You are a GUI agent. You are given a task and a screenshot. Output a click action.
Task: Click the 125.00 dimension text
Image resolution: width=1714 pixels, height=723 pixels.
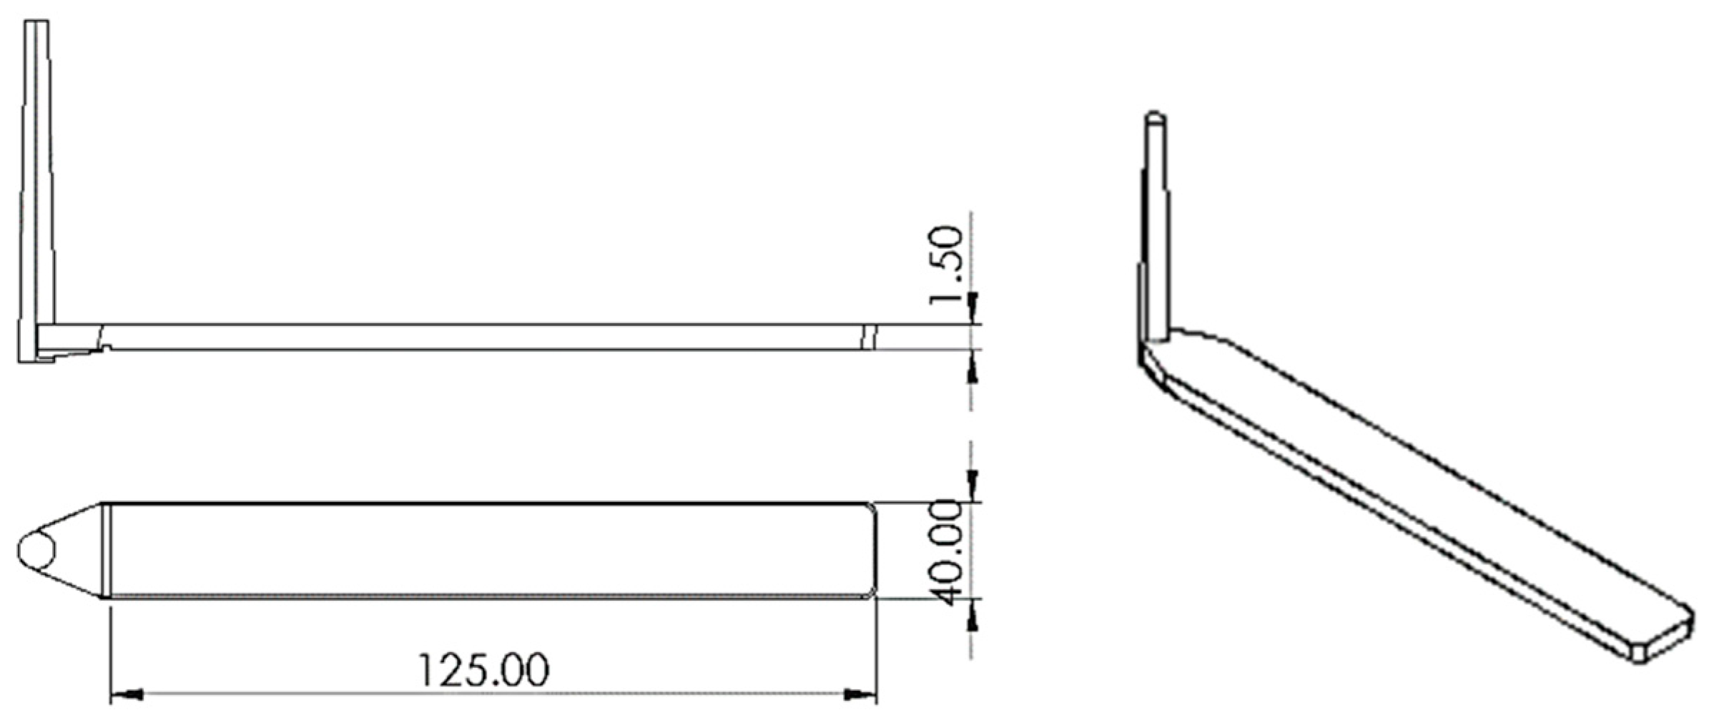click(483, 670)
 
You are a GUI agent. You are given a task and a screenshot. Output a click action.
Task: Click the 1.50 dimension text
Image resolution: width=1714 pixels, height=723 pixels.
click(947, 265)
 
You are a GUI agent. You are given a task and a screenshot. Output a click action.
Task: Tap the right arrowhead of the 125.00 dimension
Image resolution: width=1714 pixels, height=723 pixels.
click(859, 694)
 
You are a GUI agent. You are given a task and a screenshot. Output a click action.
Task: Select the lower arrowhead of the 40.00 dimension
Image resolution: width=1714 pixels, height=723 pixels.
click(971, 615)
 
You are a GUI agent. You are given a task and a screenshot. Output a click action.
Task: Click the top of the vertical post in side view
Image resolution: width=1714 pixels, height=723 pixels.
click(37, 23)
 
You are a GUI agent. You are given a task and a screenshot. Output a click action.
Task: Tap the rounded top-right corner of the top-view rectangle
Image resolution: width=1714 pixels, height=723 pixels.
click(870, 508)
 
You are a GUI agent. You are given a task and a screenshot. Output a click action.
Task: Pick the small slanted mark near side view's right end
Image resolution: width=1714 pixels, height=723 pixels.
click(868, 338)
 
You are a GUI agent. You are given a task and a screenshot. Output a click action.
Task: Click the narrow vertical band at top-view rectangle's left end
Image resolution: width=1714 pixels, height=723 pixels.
click(106, 551)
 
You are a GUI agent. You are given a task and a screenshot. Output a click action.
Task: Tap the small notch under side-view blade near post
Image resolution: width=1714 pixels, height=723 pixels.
click(106, 348)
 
